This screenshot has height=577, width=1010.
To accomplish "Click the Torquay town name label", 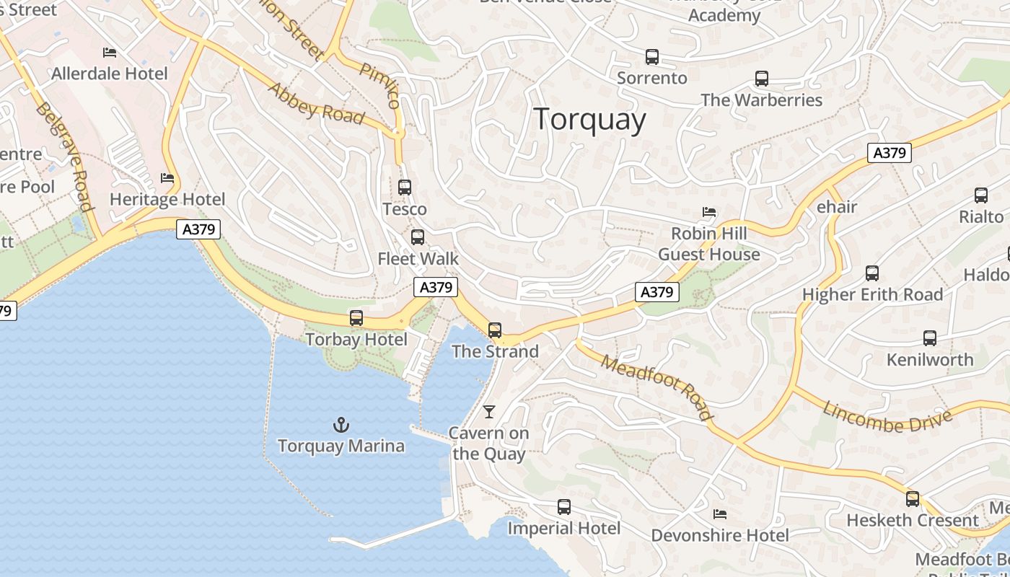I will click(589, 119).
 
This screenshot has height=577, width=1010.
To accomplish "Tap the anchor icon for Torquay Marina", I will click(341, 425).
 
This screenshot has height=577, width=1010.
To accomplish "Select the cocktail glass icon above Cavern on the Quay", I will click(489, 412).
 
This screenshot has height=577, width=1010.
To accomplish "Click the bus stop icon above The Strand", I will click(494, 330).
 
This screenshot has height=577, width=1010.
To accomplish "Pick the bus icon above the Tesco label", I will click(405, 188).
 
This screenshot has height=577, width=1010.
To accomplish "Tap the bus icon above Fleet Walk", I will click(417, 237).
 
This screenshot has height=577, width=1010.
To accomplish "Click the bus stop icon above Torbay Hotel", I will click(356, 318).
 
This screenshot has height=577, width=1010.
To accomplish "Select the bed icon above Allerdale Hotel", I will click(110, 53).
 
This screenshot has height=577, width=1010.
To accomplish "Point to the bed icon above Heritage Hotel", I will click(167, 178).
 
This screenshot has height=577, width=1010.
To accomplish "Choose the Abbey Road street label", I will click(316, 103).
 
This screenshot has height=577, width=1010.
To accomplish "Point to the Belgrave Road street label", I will click(65, 157).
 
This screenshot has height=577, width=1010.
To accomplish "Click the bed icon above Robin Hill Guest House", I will click(709, 212).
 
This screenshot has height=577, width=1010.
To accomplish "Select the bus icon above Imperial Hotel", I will click(564, 507).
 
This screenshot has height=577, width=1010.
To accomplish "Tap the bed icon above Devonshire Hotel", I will click(719, 514).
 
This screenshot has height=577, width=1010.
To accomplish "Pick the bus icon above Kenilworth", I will click(930, 338).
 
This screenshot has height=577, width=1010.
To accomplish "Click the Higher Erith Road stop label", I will click(872, 294).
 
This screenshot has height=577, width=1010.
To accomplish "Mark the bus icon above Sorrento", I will click(652, 56).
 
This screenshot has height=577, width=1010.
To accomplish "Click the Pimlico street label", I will click(379, 85).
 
